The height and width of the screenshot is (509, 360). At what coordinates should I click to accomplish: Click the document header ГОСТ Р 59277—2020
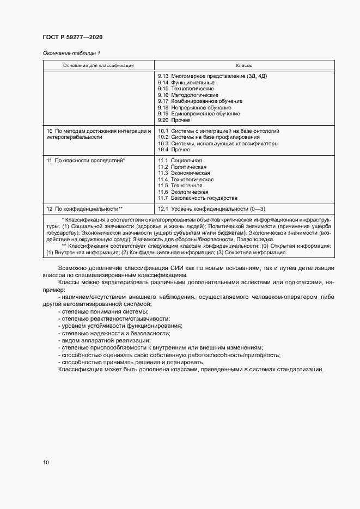pyautogui.click(x=72, y=37)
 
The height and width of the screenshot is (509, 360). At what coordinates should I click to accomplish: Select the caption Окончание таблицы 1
pyautogui.click(x=71, y=53)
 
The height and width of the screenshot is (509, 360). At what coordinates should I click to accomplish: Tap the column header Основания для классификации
pyautogui.click(x=99, y=65)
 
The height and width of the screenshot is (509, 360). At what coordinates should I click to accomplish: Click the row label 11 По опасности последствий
pyautogui.click(x=86, y=161)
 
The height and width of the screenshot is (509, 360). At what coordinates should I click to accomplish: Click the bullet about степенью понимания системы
pyautogui.click(x=105, y=311)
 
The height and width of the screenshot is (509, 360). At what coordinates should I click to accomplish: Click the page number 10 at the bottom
pyautogui.click(x=46, y=462)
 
